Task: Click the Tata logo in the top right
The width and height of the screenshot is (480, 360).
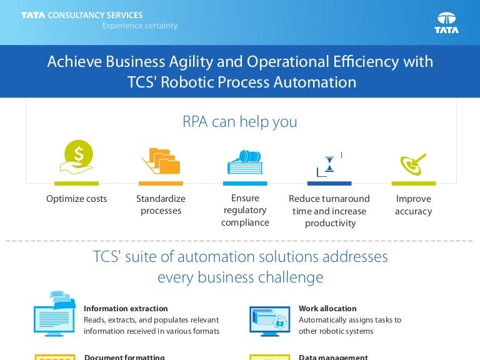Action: click(x=446, y=22)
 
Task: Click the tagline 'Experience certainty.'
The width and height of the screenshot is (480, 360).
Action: click(x=141, y=26)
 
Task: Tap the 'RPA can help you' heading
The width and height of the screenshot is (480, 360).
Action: click(x=240, y=121)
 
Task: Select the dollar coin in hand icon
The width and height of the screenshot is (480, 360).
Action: click(x=77, y=157)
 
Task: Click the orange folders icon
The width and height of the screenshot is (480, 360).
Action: click(x=161, y=161)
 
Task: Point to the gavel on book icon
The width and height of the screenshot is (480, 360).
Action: click(x=245, y=161)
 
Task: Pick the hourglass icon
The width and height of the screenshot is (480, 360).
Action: click(x=329, y=164)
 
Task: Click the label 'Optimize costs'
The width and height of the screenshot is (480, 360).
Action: click(x=77, y=199)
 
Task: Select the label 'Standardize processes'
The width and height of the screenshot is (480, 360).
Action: click(x=161, y=205)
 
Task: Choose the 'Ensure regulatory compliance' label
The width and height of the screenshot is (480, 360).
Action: click(x=245, y=210)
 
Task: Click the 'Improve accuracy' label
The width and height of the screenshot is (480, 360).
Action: click(x=413, y=205)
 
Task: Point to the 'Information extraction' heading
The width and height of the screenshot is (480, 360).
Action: click(x=126, y=308)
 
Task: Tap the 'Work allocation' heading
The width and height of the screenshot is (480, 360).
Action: click(x=327, y=308)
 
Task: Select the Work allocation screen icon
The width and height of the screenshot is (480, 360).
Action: click(x=269, y=320)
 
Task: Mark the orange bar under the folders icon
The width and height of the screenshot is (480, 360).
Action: click(x=161, y=184)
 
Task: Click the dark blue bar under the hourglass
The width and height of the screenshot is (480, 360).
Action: click(x=329, y=184)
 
